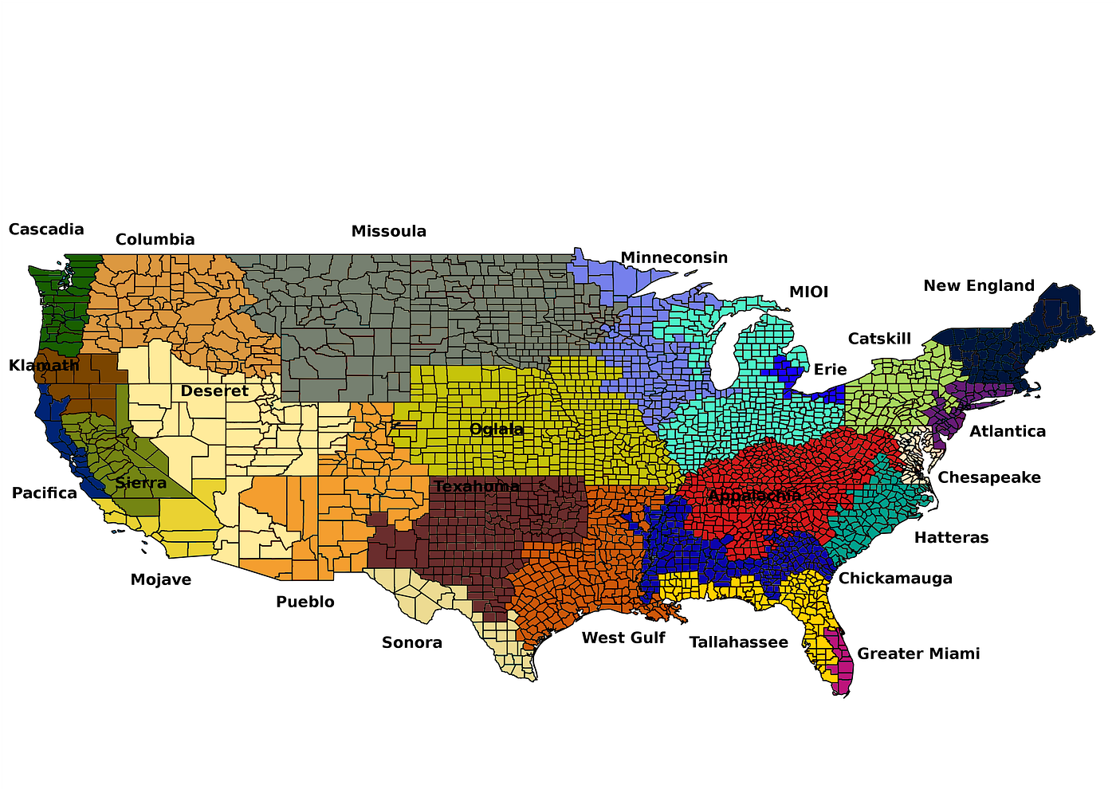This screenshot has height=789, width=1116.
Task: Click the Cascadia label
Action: pos(46,230)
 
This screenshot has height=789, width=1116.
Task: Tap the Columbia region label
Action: pos(155,240)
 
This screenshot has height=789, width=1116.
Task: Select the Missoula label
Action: pos(389,232)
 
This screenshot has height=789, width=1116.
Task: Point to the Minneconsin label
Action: pos(674,258)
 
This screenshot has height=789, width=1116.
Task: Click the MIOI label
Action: pos(808,292)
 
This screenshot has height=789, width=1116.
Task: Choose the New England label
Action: pos(979,286)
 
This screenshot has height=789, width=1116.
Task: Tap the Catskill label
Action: pos(879,340)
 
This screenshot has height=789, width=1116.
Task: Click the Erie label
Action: pos(830,370)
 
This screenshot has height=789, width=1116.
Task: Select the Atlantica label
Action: pos(1008,432)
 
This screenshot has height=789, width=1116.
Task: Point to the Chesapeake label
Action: pos(989,478)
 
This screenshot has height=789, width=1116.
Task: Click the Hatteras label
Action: pos(951,538)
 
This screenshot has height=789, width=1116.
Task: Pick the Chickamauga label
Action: pos(895,579)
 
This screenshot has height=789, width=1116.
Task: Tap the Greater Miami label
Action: pos(918,654)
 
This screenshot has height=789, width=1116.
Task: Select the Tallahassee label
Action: pos(738,642)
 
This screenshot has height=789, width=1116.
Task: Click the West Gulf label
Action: pos(623,638)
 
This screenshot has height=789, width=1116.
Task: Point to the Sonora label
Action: pos(411,643)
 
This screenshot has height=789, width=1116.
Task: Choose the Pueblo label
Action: pos(305,603)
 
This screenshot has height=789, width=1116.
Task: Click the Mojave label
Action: pos(161,580)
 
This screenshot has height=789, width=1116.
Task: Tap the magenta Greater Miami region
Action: pos(842,665)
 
